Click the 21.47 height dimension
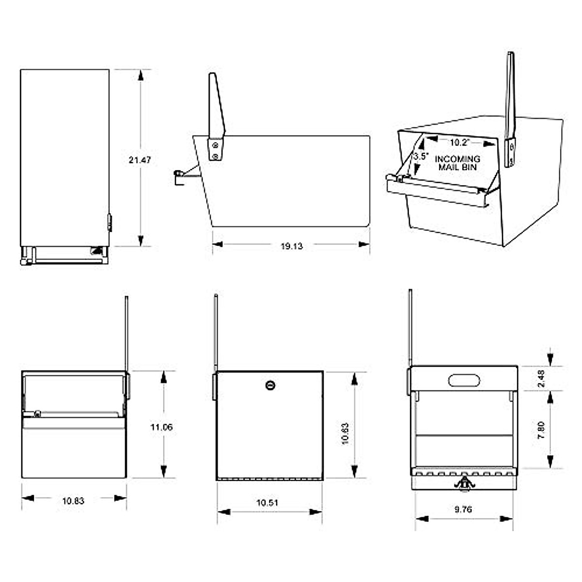(140, 160)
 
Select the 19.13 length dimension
(291, 246)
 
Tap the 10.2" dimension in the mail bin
(458, 143)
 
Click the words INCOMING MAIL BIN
(458, 163)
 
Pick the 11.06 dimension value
(162, 427)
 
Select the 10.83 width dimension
(73, 501)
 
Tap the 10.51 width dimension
(267, 503)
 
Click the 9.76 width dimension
(463, 509)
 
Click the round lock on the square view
(270, 386)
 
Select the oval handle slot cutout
(464, 380)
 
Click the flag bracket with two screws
(215, 149)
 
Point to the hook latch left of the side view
(179, 175)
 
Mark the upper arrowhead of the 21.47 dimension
(141, 75)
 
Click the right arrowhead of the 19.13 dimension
(364, 244)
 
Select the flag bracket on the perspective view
(510, 153)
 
